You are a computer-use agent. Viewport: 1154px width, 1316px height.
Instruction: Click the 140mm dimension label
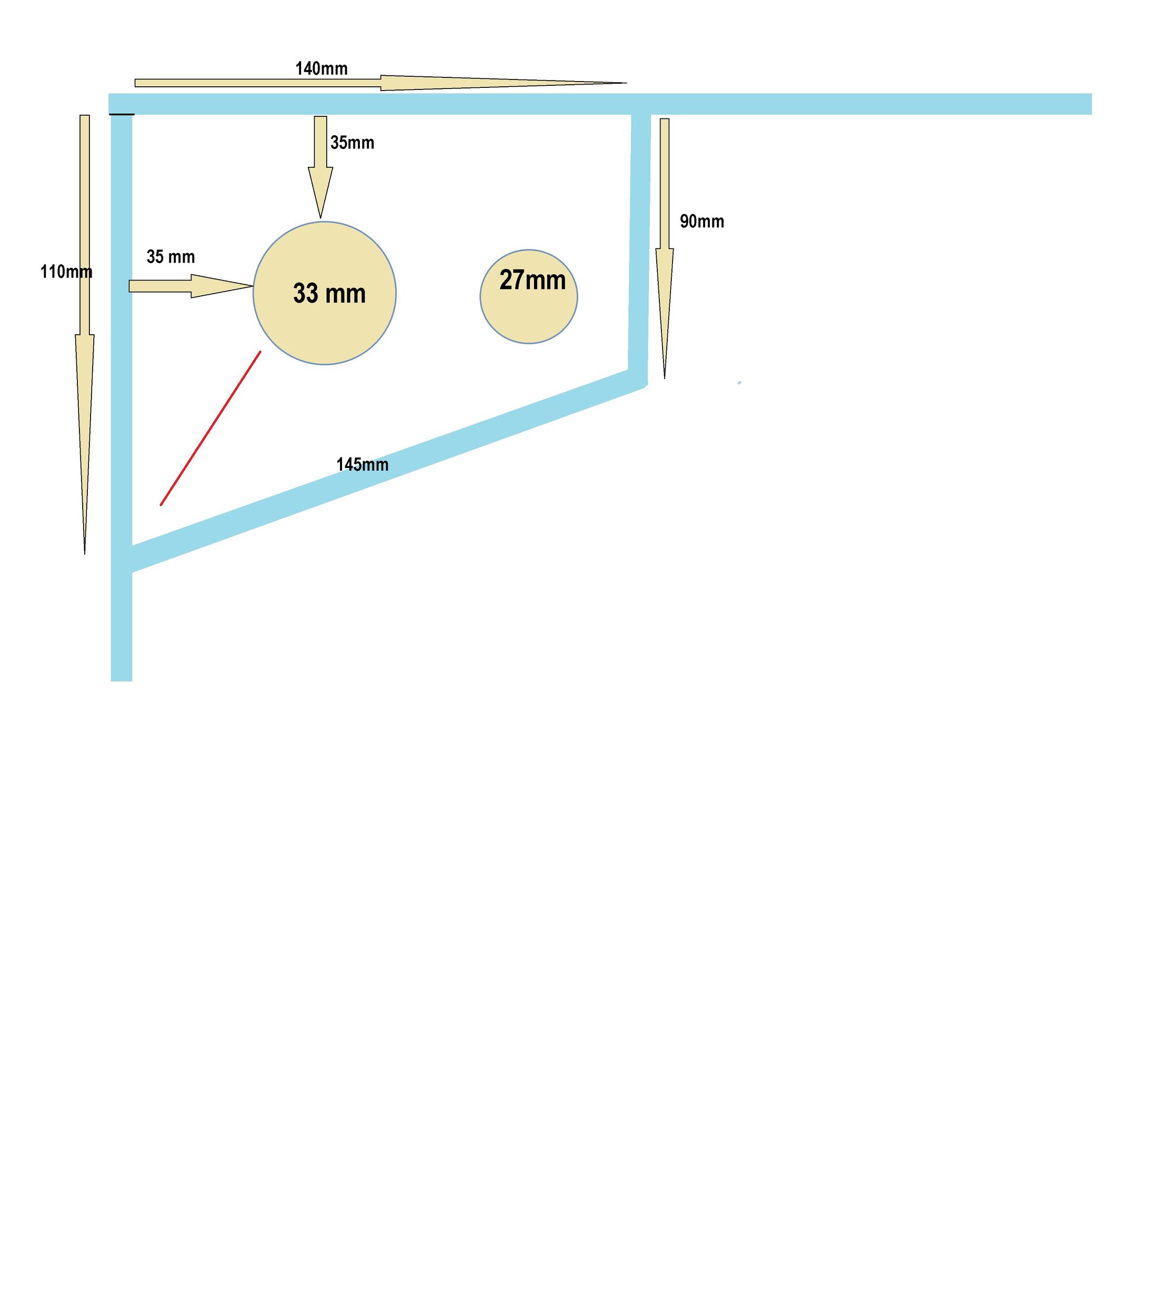tap(321, 69)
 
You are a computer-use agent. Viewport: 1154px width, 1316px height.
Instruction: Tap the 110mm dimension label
tap(66, 272)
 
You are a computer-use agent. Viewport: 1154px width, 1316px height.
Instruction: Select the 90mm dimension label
tap(701, 222)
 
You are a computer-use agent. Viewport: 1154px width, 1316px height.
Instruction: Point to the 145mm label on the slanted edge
tap(363, 464)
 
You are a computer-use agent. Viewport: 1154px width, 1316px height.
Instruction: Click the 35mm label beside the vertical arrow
tap(352, 142)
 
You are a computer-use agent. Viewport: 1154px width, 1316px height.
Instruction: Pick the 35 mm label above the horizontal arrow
tap(170, 257)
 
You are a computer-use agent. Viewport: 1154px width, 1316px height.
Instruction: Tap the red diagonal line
tap(210, 428)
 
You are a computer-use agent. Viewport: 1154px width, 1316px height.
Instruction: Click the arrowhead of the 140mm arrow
tap(502, 83)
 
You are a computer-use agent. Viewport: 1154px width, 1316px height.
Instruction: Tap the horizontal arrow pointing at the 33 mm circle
tap(190, 286)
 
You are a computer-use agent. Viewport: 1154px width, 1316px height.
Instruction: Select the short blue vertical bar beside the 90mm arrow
tap(639, 245)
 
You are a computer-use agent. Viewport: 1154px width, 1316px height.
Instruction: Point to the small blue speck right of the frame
tap(739, 383)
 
